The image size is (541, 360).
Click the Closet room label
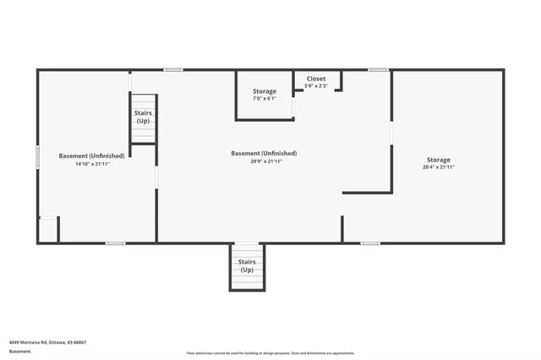pyautogui.click(x=315, y=79)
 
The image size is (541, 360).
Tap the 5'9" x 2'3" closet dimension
pyautogui.click(x=315, y=85)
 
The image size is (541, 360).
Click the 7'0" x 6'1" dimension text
pyautogui.click(x=265, y=99)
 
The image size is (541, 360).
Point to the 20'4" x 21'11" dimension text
pyautogui.click(x=439, y=167)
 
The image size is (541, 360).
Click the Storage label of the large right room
pyautogui.click(x=439, y=160)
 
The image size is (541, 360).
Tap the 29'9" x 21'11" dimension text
pyautogui.click(x=264, y=161)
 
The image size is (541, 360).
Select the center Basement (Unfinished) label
pyautogui.click(x=264, y=153)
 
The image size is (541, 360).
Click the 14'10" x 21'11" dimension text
pyautogui.click(x=92, y=163)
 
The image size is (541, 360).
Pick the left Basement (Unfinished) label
pyautogui.click(x=92, y=155)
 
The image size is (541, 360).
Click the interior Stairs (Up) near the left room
pyautogui.click(x=144, y=118)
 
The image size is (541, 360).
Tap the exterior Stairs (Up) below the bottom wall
pyautogui.click(x=247, y=266)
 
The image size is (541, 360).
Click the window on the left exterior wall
pyautogui.click(x=37, y=157)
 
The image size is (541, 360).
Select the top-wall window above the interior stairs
pyautogui.click(x=173, y=69)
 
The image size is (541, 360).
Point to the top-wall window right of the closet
pyautogui.click(x=378, y=69)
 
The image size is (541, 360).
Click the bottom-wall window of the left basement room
pyautogui.click(x=116, y=243)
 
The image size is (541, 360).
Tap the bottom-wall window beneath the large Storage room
pyautogui.click(x=370, y=243)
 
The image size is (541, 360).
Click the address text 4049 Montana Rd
pyautogui.click(x=47, y=342)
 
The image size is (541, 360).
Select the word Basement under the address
pyautogui.click(x=20, y=352)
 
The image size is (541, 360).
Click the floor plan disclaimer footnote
pyautogui.click(x=270, y=353)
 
